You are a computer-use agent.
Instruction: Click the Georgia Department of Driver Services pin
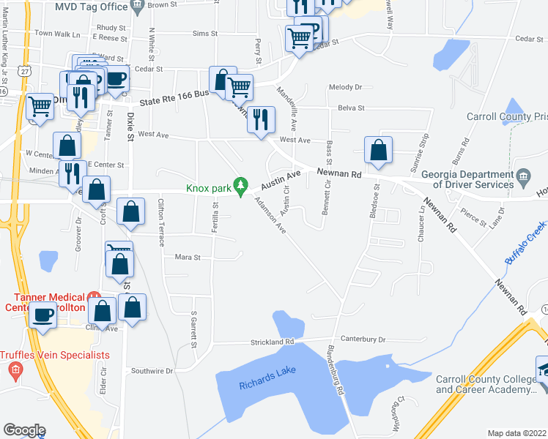pyautogui.click(x=523, y=176)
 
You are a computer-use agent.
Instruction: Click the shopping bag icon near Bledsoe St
pyautogui.click(x=378, y=151)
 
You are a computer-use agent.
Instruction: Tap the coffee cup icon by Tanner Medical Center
pyautogui.click(x=43, y=315)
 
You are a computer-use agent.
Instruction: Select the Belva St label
pyautogui.click(x=351, y=108)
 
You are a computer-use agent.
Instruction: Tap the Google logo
pyautogui.click(x=24, y=429)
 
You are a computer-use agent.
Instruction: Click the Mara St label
pyautogui.click(x=188, y=257)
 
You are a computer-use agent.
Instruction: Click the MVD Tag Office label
pyautogui.click(x=92, y=5)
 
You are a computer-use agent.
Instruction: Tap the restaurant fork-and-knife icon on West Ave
pyautogui.click(x=261, y=120)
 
